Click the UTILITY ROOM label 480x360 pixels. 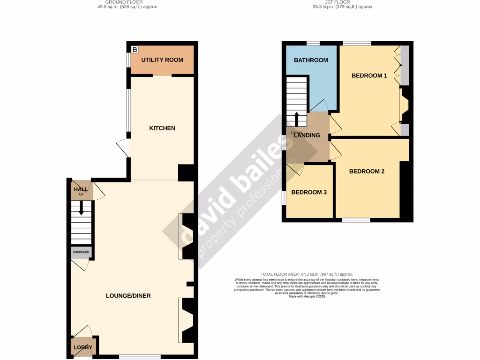pyautogui.click(x=162, y=60)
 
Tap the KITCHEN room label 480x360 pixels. pyautogui.click(x=162, y=128)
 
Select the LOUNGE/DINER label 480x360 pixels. pyautogui.click(x=128, y=296)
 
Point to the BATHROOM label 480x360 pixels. pyautogui.click(x=311, y=60)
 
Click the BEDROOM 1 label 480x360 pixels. pyautogui.click(x=369, y=75)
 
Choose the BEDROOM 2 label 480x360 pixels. pyautogui.click(x=367, y=172)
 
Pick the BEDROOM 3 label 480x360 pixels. pyautogui.click(x=309, y=192)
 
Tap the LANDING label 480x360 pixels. pyautogui.click(x=307, y=135)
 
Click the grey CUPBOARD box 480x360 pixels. pyautogui.click(x=80, y=252)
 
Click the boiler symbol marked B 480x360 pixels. pyautogui.click(x=135, y=49)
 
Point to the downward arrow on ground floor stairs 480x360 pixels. pyautogui.click(x=81, y=208)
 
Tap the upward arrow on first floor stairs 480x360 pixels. pyautogui.click(x=296, y=119)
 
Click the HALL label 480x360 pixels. pyautogui.click(x=80, y=189)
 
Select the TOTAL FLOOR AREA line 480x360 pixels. pyautogui.click(x=307, y=274)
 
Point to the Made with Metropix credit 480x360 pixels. pyautogui.click(x=307, y=296)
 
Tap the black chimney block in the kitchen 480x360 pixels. pyautogui.click(x=186, y=172)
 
